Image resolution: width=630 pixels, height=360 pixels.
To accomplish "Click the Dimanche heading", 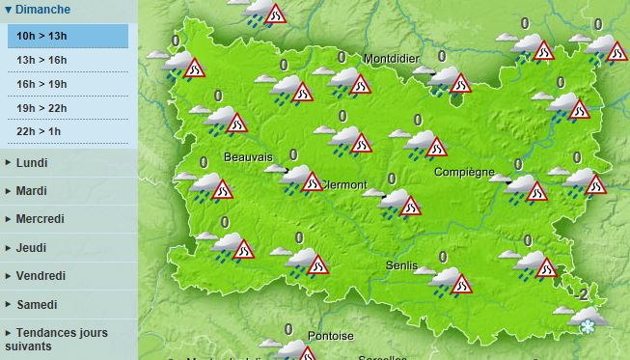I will point(42,10).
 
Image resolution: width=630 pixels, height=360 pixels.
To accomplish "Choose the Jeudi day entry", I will point(31,248).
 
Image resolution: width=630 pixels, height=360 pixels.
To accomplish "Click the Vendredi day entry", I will point(41,276).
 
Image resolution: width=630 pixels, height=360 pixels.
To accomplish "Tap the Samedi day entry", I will point(37,305).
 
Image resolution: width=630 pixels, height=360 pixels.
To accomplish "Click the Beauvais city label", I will point(248,157).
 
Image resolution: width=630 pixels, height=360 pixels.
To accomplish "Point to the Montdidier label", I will point(392,59).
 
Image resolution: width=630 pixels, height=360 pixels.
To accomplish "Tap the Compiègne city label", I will point(465,173).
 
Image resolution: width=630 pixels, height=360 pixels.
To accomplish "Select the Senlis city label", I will point(400,265).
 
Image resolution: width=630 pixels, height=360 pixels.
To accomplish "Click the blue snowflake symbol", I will point(586,328).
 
